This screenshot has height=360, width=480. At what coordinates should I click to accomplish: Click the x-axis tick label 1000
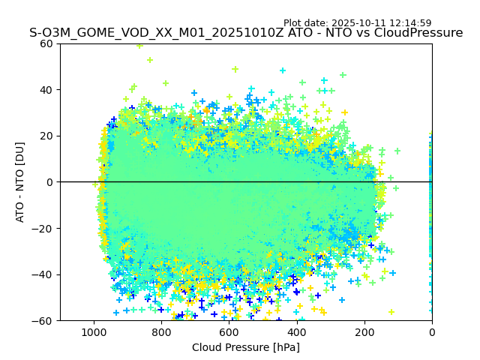tap(94, 331)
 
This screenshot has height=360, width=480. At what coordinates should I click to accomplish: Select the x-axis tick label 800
tap(161, 331)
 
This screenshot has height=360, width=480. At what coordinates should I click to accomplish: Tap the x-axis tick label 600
tap(229, 331)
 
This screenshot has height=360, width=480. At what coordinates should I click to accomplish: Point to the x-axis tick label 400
tap(296, 331)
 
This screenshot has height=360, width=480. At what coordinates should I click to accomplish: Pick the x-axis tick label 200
tap(364, 331)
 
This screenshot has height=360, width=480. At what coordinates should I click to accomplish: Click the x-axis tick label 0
tap(431, 331)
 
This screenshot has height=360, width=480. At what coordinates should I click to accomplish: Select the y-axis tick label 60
tap(46, 43)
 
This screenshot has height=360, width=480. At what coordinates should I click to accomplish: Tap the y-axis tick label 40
tap(46, 90)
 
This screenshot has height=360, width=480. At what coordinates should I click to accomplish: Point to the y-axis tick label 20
tap(46, 136)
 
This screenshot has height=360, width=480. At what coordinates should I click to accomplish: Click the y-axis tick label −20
tap(43, 229)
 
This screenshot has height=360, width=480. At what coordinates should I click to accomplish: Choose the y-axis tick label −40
tap(43, 274)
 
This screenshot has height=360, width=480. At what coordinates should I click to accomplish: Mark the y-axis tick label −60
tap(43, 321)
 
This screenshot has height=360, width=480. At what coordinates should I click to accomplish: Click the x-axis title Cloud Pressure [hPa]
tap(246, 347)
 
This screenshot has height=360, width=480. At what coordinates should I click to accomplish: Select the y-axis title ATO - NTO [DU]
tap(20, 181)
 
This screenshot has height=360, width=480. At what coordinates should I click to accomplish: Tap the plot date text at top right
tap(357, 23)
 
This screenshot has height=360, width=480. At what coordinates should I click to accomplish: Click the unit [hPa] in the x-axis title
tap(285, 347)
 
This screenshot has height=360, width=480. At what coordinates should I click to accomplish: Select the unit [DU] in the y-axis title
tap(20, 154)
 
